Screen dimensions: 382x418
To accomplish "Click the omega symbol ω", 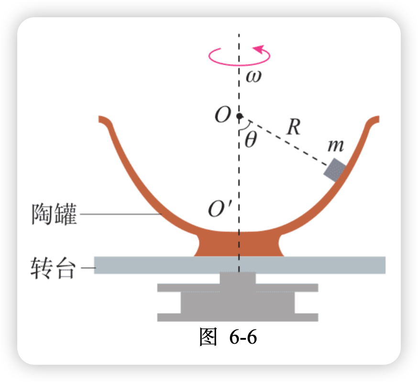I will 253,77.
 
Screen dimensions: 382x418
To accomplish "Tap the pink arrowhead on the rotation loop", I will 259,48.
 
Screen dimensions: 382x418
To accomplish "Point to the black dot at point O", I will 240,116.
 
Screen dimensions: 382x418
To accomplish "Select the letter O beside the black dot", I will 222,116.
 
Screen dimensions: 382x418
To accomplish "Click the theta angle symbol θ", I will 250,140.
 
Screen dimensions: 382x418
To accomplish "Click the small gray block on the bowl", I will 334,170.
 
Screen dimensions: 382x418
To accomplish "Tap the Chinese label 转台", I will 54,269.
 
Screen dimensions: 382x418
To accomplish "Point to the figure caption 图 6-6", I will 228,337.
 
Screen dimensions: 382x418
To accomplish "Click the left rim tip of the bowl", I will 102,118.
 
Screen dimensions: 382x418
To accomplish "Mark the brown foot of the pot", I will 239,245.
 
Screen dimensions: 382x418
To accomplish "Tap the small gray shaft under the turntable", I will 238,278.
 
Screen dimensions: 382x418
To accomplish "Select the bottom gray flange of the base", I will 238,317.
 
